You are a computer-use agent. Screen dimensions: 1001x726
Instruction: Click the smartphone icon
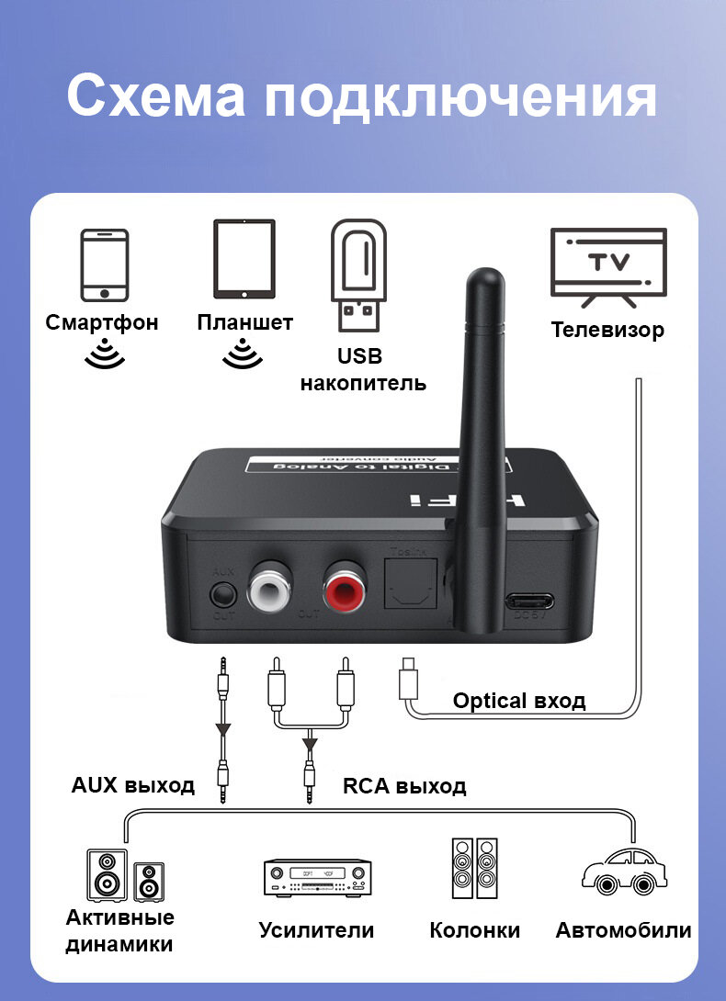pos(104,264)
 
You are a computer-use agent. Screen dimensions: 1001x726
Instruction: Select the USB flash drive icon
pos(358,275)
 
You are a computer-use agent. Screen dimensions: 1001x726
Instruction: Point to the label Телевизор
pos(607,330)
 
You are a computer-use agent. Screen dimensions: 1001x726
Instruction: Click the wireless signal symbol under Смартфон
pos(104,354)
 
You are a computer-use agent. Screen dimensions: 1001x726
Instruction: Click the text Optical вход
pos(518,702)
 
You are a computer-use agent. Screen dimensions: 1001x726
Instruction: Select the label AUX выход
pos(133,785)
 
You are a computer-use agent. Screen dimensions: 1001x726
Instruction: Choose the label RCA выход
pos(404,786)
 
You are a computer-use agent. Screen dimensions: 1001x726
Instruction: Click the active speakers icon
pos(125,874)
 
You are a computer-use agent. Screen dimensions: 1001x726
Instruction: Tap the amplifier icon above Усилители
pos(317,877)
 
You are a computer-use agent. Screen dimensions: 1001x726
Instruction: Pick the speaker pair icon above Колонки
pos(474,869)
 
